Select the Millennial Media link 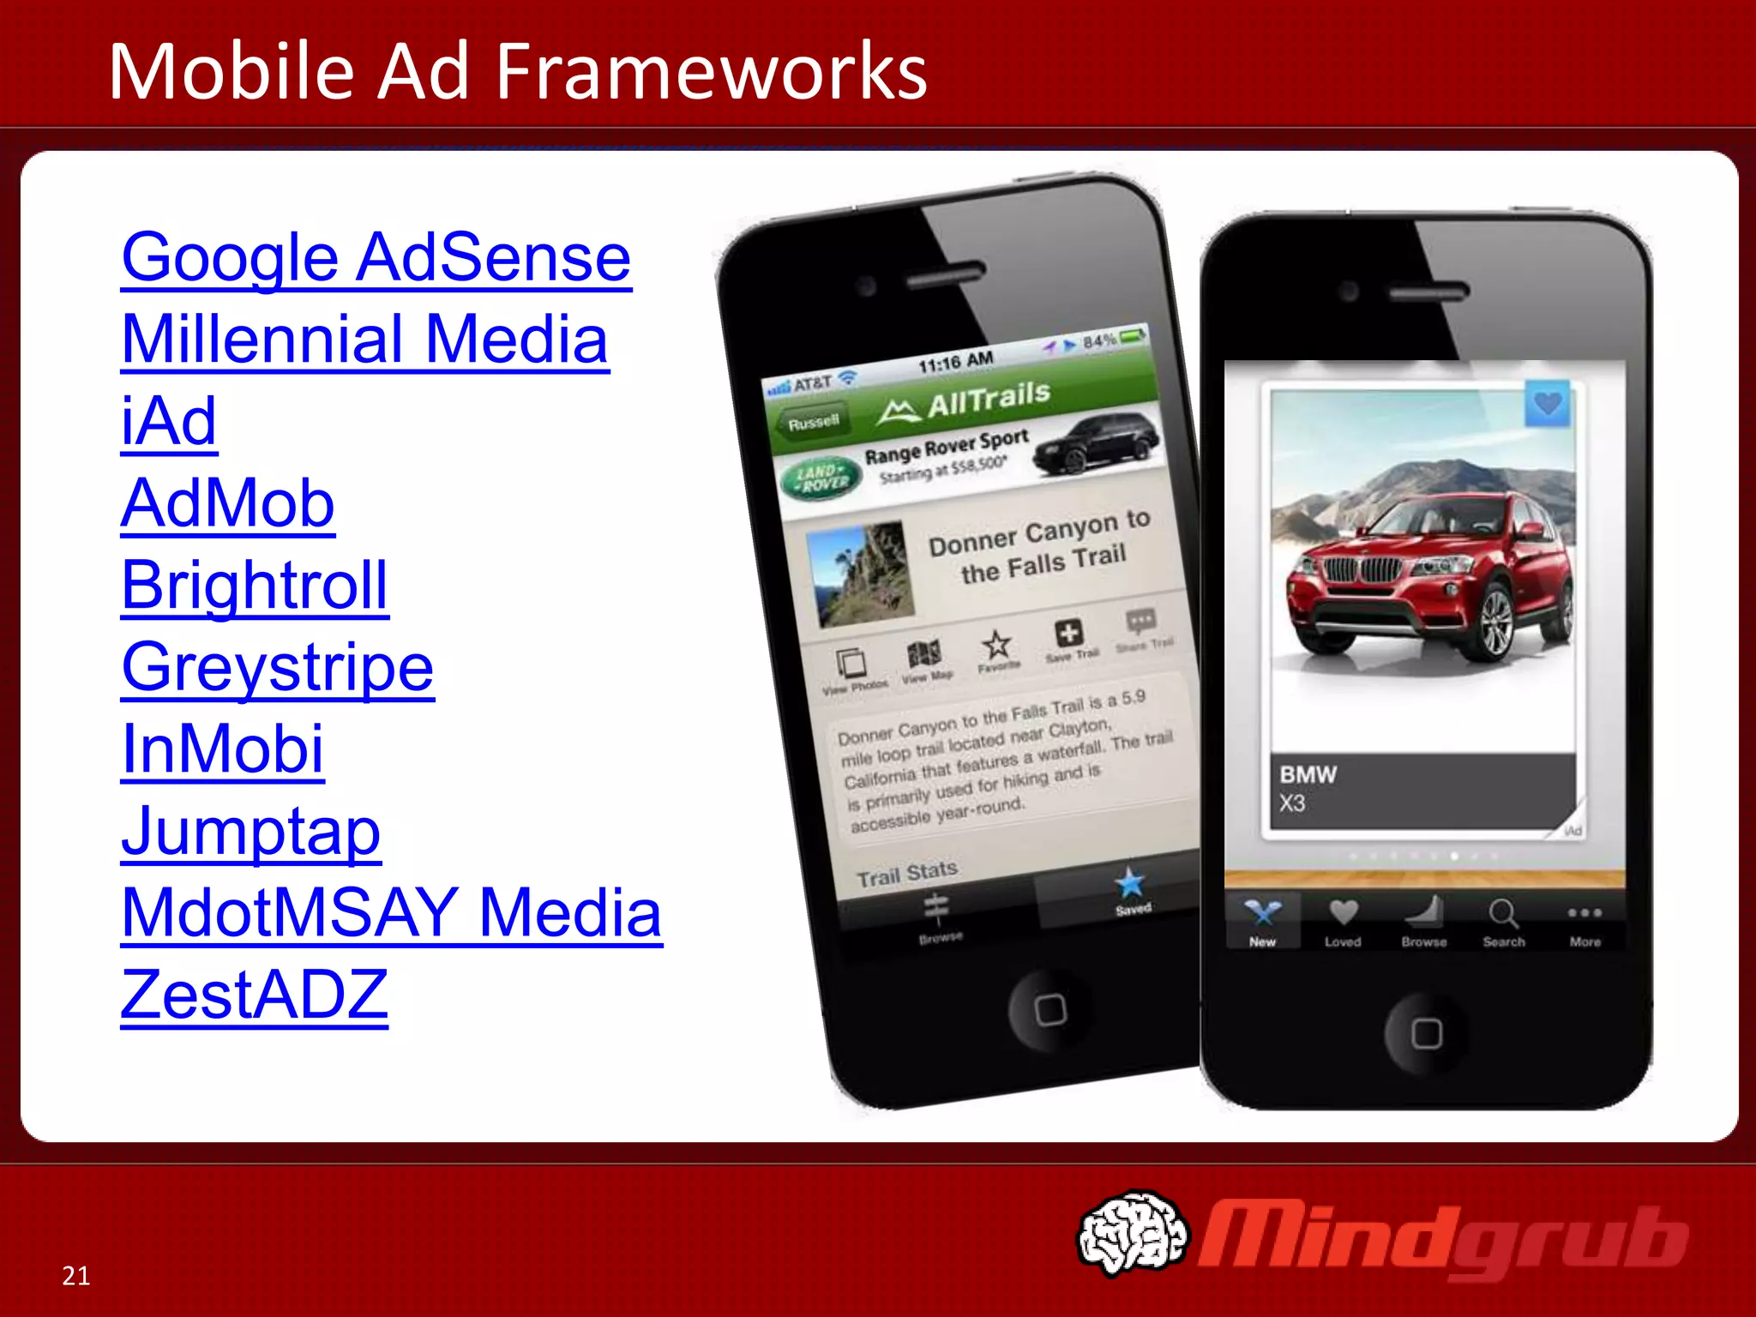pyautogui.click(x=364, y=340)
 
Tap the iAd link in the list pyautogui.click(x=169, y=421)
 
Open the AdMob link pyautogui.click(x=227, y=503)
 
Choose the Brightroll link pyautogui.click(x=255, y=585)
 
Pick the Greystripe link pyautogui.click(x=278, y=667)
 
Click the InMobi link pyautogui.click(x=223, y=749)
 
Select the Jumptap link pyautogui.click(x=250, y=831)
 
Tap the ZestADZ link pyautogui.click(x=254, y=995)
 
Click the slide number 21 pyautogui.click(x=76, y=1276)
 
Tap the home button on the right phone pyautogui.click(x=1427, y=1033)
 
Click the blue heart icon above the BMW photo pyautogui.click(x=1548, y=403)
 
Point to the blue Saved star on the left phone pyautogui.click(x=1130, y=883)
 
